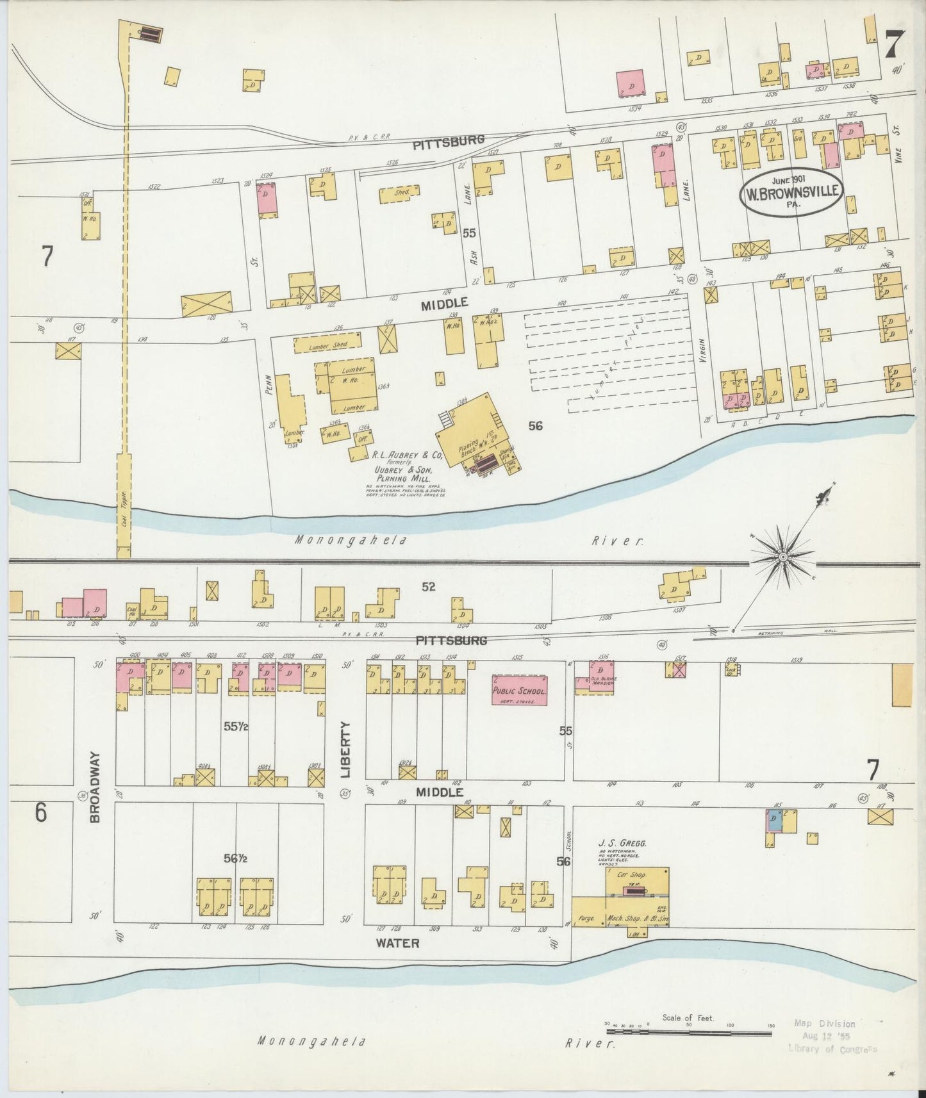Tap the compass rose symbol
point(782,559)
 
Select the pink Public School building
point(519,691)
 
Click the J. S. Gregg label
point(622,843)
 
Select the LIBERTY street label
point(347,749)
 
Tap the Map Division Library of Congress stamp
point(832,1037)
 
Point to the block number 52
point(428,586)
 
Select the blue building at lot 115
point(773,819)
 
